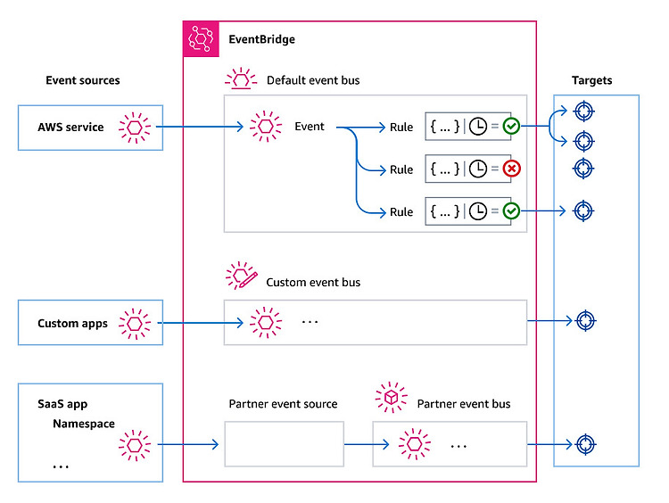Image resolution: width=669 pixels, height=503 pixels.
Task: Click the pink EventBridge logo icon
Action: pos(201,39)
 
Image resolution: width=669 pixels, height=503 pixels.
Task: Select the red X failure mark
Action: pos(511,169)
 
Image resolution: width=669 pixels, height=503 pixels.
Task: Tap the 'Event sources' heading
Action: pos(83,80)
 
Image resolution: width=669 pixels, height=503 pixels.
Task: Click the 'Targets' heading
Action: pos(591,80)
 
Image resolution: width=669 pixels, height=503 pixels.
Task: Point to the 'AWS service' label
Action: pos(70,128)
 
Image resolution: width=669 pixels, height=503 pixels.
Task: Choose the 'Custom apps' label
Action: pos(72,324)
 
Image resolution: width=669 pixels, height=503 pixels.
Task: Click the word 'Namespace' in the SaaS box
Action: pos(84,424)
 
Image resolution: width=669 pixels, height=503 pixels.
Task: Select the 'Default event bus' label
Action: pos(313,80)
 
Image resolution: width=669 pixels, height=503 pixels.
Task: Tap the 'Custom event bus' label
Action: pos(313,283)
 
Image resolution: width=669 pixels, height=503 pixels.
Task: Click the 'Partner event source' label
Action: pos(283,404)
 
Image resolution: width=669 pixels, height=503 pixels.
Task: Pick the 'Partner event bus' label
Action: pos(464,404)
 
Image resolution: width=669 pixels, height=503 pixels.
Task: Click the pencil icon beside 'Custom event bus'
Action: pos(247,279)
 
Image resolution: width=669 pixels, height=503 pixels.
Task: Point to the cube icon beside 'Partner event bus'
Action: pos(392,397)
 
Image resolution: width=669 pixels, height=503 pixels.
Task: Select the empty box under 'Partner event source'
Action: pos(285,444)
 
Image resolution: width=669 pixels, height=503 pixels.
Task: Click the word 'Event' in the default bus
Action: pos(310,127)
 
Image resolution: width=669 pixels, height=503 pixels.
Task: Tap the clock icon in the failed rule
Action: pos(478,169)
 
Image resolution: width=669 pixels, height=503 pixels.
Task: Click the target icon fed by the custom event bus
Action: pos(586,321)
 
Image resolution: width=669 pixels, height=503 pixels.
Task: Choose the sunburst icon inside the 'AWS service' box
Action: pos(135,128)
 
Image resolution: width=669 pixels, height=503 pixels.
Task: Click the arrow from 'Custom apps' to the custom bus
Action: pos(201,323)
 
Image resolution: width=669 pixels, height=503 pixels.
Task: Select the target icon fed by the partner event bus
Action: pos(586,444)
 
